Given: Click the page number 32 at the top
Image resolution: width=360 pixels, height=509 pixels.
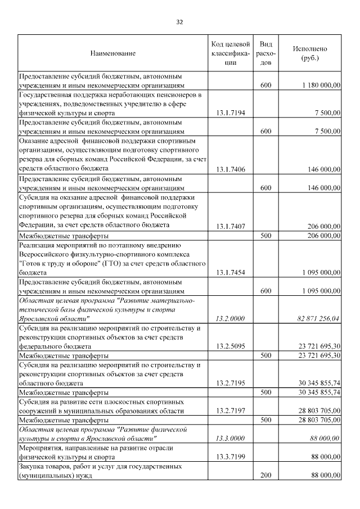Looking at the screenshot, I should coord(179,22).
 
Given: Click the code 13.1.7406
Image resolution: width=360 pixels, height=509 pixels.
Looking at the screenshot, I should coord(231,169).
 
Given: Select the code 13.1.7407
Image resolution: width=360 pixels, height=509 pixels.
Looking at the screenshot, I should coord(231,226).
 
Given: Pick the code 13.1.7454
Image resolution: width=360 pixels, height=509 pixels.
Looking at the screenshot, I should coord(231,272).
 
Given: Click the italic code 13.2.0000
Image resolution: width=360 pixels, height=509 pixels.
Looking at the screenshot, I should coord(231,318).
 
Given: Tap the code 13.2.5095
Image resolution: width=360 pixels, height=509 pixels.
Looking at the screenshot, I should coord(231,346).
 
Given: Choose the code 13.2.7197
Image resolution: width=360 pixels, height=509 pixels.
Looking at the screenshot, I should coord(231,411).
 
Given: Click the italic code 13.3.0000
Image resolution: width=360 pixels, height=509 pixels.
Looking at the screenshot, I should coord(231,438).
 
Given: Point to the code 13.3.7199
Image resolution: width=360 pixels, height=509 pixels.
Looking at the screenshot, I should coord(231,457).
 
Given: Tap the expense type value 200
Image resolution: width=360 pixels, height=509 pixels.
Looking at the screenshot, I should coord(266,476).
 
